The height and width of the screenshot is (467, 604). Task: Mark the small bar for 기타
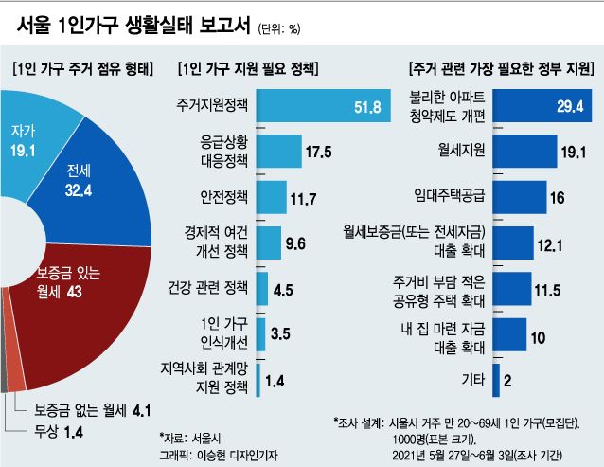point(496,379)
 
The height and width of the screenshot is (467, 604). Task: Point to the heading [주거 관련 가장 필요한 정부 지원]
point(499,68)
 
